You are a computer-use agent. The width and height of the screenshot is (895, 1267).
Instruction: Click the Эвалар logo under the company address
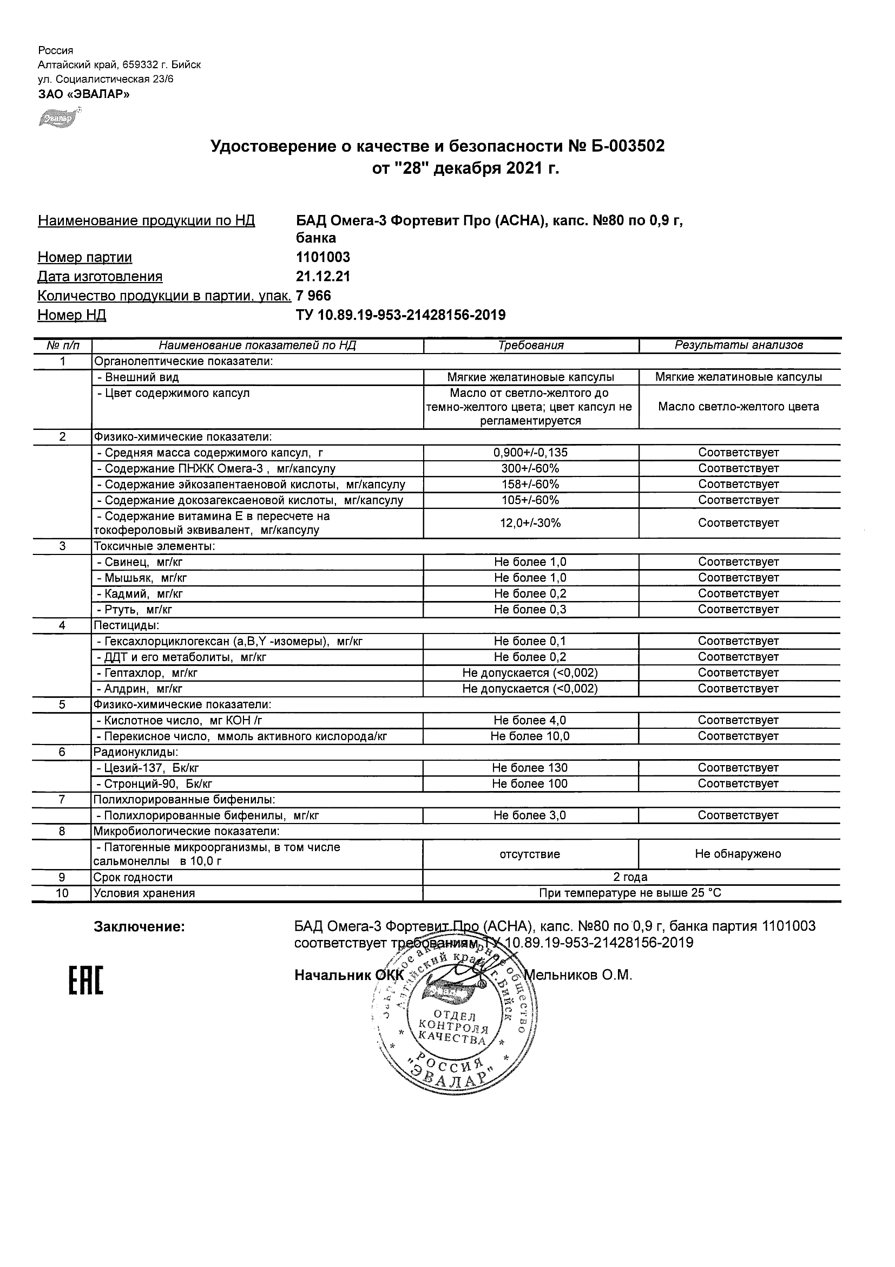tap(60, 118)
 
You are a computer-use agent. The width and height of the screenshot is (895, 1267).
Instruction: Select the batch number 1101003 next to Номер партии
tap(323, 257)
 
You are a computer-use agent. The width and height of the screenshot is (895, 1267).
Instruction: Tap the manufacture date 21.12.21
tap(323, 277)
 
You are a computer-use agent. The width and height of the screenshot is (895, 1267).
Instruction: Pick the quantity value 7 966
tap(314, 296)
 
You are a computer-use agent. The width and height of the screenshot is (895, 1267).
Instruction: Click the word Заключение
tap(139, 927)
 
